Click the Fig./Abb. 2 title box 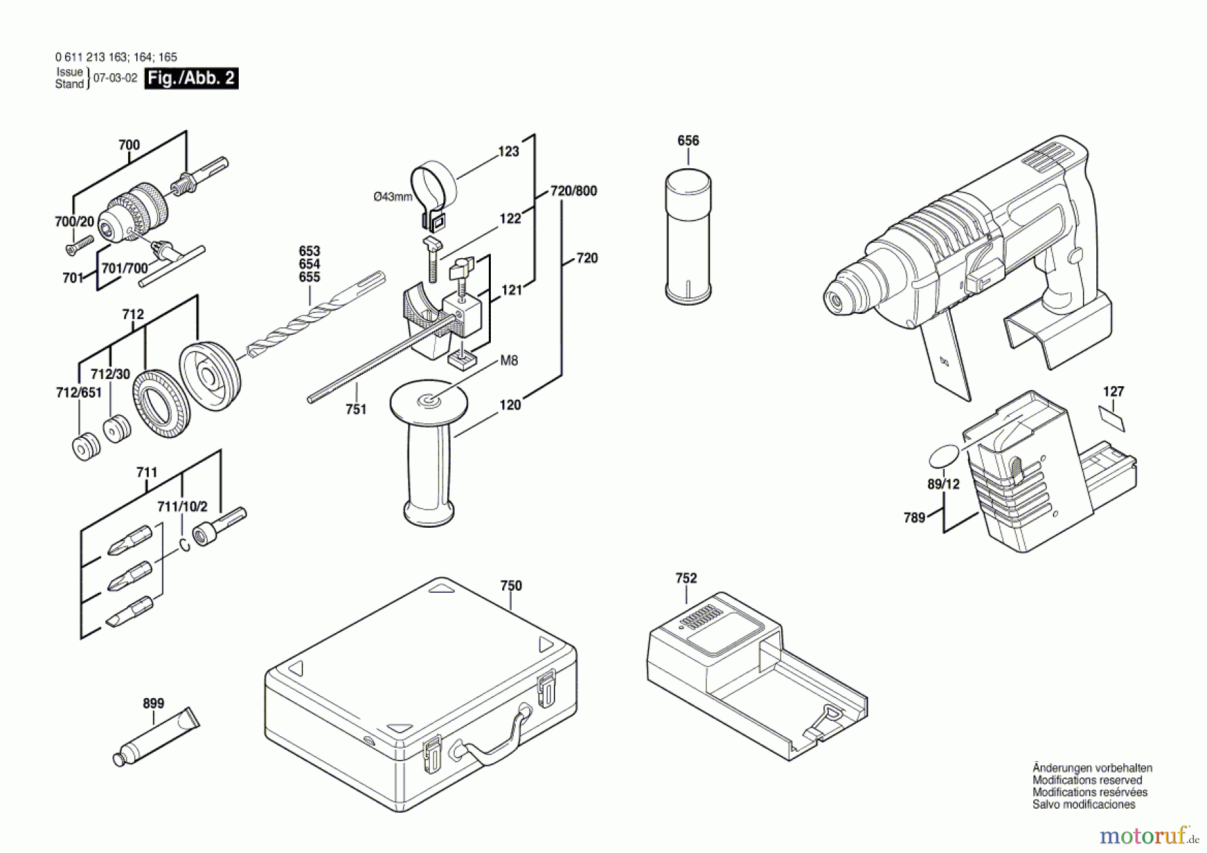191,78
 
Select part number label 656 688,141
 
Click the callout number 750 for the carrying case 511,586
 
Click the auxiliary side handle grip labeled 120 429,469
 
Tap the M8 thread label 509,361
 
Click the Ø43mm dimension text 392,196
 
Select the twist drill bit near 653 315,315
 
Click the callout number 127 1113,392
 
